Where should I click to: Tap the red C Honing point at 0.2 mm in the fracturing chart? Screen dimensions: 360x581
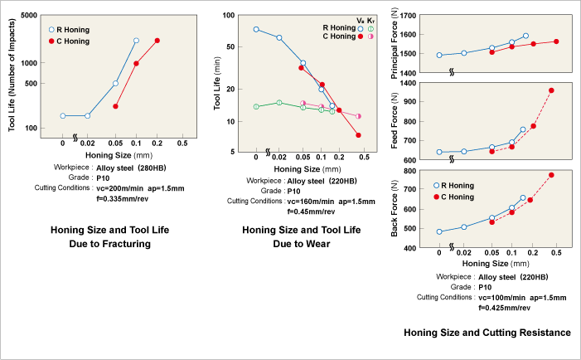tap(157, 41)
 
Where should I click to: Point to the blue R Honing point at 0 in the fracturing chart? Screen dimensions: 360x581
tap(63, 116)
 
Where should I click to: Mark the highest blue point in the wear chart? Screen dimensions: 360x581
tap(256, 29)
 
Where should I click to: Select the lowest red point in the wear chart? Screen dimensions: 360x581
tap(358, 135)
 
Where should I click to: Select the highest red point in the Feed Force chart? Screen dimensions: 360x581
tap(551, 90)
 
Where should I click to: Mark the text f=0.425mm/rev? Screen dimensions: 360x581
tap(506, 307)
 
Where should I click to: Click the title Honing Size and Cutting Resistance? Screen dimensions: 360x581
tap(487, 333)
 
